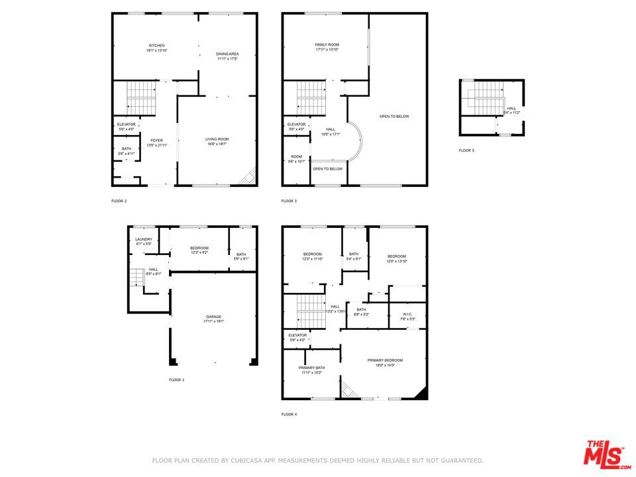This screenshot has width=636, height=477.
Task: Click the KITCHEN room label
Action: pos(156,45)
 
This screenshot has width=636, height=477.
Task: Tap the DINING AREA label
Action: pos(227,54)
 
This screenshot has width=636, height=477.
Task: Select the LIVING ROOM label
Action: pos(217,139)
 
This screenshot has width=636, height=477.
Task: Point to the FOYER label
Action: pos(156,140)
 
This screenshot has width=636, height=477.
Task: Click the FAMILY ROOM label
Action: pos(327,44)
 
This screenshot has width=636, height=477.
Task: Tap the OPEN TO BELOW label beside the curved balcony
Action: pos(328,168)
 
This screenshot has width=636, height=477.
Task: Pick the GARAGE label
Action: pos(213,317)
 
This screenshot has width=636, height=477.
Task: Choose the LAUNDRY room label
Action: pos(144,239)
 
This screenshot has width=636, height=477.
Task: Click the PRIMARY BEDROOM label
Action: pos(385,360)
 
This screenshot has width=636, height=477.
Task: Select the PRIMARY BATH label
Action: pos(311,368)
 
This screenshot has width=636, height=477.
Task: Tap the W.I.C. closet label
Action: pos(407,314)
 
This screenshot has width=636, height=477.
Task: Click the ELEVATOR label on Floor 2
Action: pos(126,124)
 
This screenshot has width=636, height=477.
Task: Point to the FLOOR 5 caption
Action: pos(466,150)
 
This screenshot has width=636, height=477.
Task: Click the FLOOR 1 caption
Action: pos(177,380)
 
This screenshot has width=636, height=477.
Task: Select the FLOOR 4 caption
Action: pos(289,414)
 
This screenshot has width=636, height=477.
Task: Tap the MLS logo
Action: pos(604,454)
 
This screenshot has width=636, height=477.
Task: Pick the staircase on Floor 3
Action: pos(311,97)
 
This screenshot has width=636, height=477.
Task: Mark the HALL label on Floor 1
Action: pos(153,269)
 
